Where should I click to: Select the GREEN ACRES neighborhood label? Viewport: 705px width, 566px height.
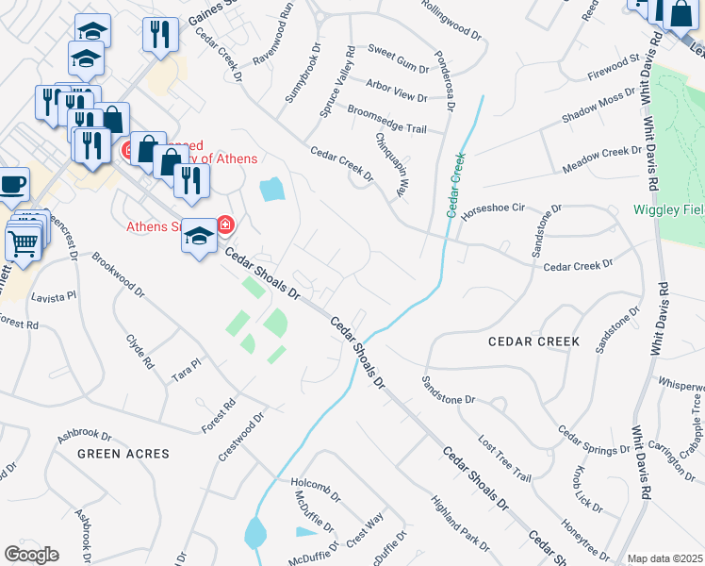[123, 454]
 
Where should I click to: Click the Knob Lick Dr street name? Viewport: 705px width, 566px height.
[584, 488]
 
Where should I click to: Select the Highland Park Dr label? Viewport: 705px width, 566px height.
[460, 524]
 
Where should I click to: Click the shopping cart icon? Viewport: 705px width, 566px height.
[23, 243]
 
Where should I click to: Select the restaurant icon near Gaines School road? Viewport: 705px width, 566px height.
[160, 34]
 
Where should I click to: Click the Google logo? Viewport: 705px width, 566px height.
[31, 554]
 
